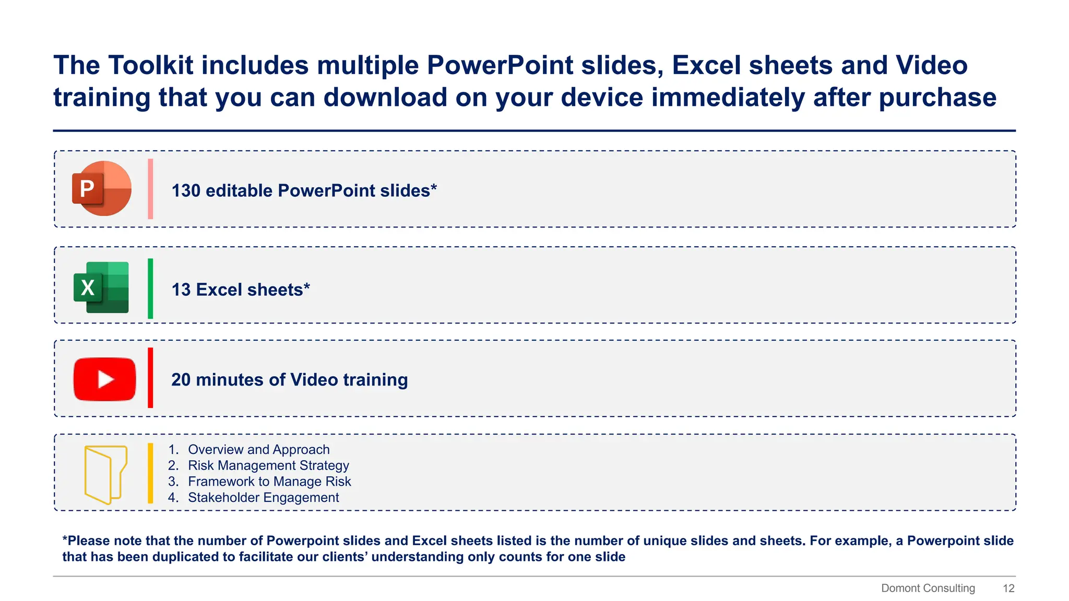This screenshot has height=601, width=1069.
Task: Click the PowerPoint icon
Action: click(x=101, y=188)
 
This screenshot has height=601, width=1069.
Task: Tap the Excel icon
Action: click(x=101, y=287)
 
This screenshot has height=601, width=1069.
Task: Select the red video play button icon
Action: click(x=104, y=379)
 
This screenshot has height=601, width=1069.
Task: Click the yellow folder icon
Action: click(x=105, y=474)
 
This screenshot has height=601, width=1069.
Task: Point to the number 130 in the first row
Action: click(x=186, y=191)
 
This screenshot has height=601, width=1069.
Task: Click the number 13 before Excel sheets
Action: click(x=181, y=290)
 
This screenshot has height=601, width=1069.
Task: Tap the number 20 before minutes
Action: click(x=181, y=380)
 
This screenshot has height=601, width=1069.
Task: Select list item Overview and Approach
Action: click(x=258, y=450)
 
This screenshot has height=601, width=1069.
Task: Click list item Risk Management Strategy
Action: click(x=268, y=465)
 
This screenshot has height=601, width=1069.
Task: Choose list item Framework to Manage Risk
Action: click(x=269, y=482)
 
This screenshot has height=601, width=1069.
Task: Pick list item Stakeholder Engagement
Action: click(x=263, y=498)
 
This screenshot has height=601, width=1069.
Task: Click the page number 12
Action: click(x=1008, y=588)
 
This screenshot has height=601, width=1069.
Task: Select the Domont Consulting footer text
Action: click(x=928, y=588)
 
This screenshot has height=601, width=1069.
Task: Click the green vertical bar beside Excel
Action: click(x=150, y=288)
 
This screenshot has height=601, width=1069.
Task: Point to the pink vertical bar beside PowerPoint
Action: click(x=150, y=189)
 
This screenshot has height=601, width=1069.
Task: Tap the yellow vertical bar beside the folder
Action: click(x=150, y=473)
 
